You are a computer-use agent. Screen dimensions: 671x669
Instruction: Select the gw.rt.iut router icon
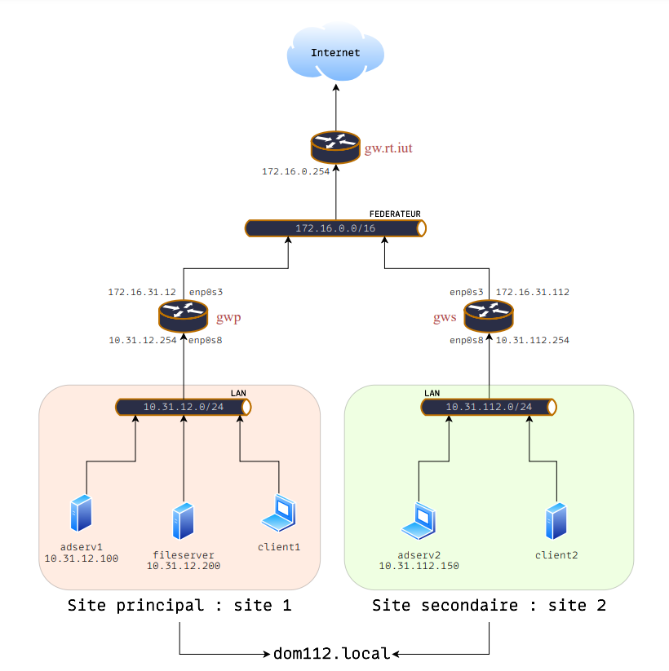335,147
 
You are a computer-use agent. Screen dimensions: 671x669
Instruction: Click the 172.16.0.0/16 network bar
335,228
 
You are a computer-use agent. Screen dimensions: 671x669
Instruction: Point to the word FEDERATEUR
395,214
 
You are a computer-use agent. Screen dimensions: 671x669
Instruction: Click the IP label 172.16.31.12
142,291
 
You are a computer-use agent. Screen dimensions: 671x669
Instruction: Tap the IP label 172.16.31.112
533,291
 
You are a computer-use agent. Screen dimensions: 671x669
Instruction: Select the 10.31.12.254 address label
143,340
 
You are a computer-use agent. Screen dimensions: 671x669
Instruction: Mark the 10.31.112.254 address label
533,340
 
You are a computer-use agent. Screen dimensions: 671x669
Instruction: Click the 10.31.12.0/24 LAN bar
183,406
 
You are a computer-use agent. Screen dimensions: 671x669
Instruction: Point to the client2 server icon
556,521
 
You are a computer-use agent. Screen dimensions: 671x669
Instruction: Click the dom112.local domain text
332,653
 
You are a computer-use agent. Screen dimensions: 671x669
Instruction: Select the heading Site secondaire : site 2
489,606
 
